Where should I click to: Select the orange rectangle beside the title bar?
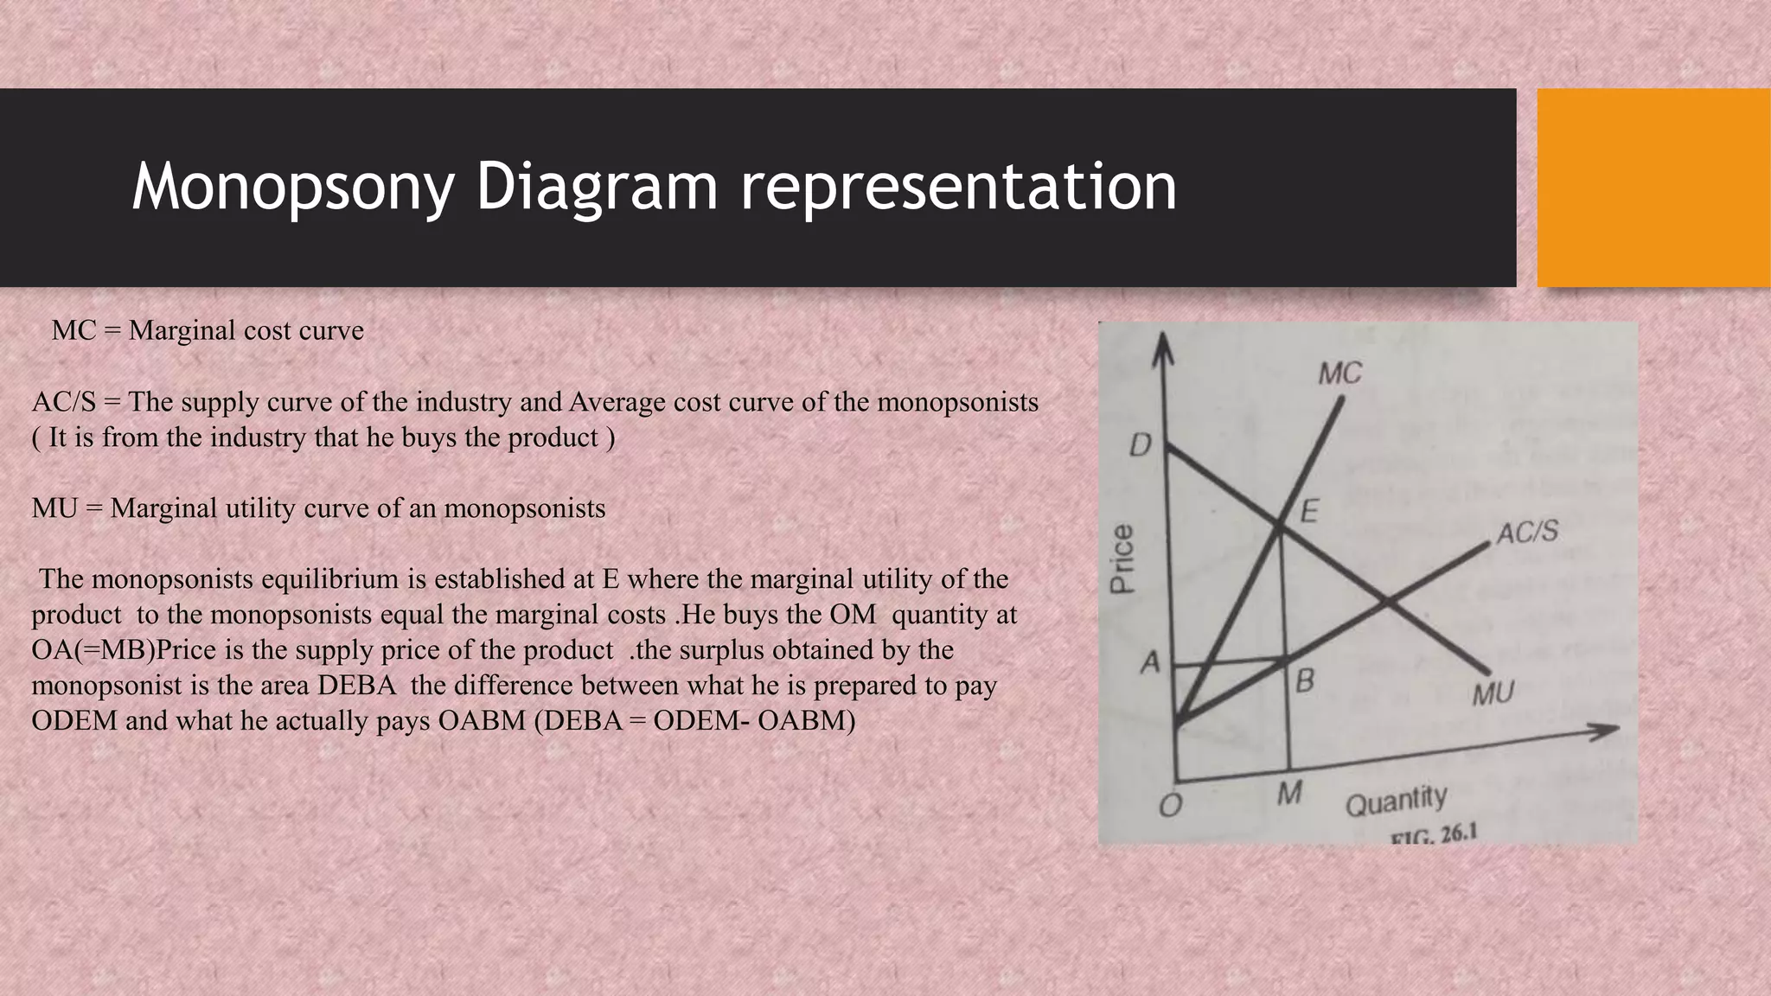coord(1653,188)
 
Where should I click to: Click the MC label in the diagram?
coord(1339,373)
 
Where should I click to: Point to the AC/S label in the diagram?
coord(1527,532)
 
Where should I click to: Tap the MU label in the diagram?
coord(1493,693)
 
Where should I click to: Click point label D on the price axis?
coord(1141,446)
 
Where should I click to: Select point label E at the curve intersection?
coord(1309,512)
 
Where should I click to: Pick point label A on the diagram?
coord(1149,663)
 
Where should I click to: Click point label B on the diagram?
coord(1305,681)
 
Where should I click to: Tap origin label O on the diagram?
coord(1169,806)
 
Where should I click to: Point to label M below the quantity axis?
coord(1288,792)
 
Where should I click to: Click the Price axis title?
coord(1122,559)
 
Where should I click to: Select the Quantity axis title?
coord(1396,801)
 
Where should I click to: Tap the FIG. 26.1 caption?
coord(1433,834)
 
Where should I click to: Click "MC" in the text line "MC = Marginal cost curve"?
coord(74,330)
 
